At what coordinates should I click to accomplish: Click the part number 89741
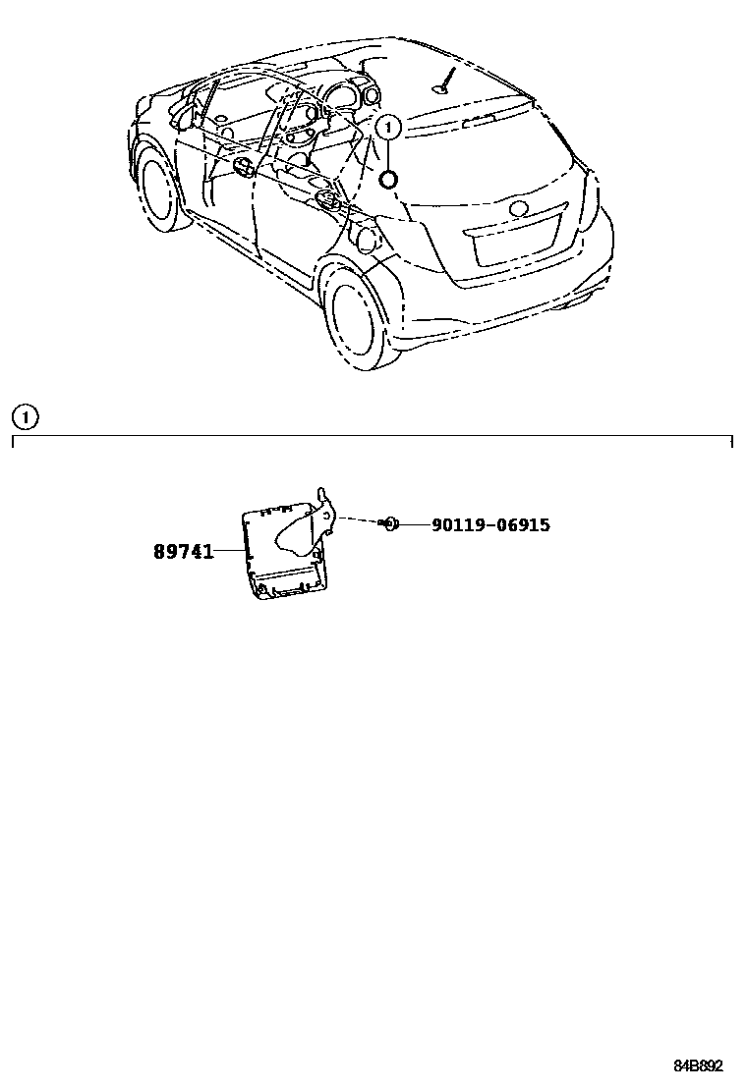tap(183, 552)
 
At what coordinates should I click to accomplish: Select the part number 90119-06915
tap(490, 525)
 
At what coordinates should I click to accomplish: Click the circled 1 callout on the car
tap(388, 127)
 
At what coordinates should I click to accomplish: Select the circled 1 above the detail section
tap(24, 417)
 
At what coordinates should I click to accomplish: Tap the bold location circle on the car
tap(388, 179)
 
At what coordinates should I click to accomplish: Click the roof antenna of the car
tap(448, 79)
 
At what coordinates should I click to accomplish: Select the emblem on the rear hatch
tap(518, 208)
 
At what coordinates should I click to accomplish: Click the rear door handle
tap(327, 200)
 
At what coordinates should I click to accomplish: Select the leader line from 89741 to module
tap(229, 552)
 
